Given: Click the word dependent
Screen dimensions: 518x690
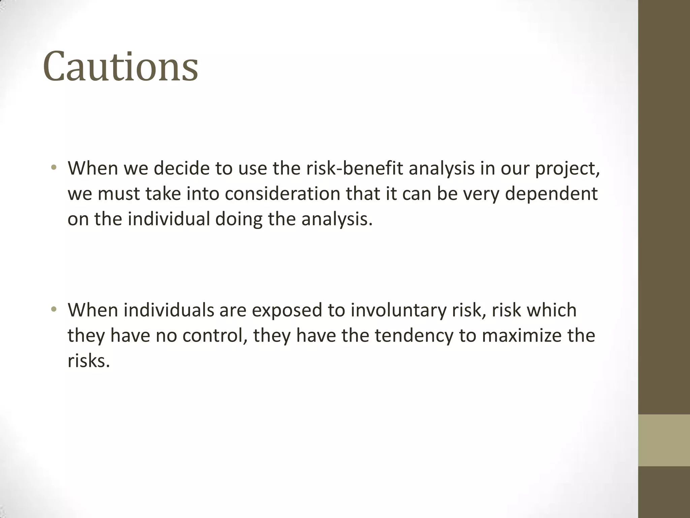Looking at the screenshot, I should (x=551, y=194).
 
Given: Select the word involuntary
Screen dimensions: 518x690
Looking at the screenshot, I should (x=398, y=311).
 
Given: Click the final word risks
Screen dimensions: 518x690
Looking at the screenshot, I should (x=89, y=361).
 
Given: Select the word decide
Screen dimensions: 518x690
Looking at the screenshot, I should (x=182, y=168).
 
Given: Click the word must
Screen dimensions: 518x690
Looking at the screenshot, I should (x=119, y=194).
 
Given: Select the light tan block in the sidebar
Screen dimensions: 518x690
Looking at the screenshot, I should (x=664, y=440).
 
